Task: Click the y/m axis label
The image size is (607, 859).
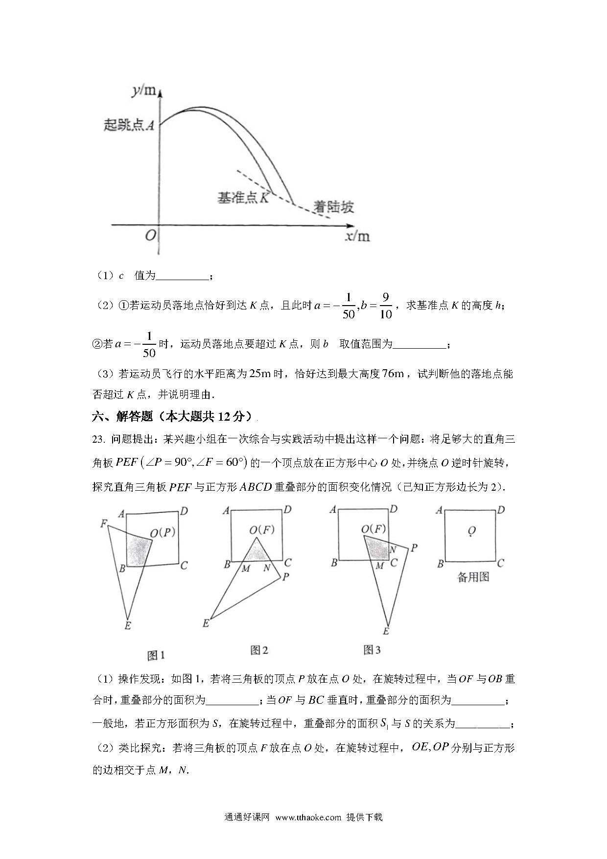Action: (143, 91)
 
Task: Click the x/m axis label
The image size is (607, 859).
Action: (357, 237)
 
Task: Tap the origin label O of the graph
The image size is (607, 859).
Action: (150, 236)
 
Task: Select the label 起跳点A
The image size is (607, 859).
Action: (129, 125)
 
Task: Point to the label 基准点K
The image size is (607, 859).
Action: (243, 198)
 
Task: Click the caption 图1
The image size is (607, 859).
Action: (156, 655)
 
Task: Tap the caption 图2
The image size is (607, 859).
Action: (259, 650)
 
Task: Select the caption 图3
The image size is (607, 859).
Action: (372, 649)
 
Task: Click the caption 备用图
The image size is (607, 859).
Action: (473, 577)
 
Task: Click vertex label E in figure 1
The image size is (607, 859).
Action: (127, 625)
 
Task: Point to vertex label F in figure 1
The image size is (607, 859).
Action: (103, 524)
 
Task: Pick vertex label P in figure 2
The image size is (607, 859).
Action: (286, 576)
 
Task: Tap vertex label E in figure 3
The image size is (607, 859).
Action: (386, 631)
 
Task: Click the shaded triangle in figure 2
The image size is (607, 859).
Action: (256, 553)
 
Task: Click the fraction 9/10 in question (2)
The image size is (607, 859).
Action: (386, 306)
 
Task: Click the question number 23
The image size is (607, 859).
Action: (99, 439)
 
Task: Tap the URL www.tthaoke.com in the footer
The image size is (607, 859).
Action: (308, 817)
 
